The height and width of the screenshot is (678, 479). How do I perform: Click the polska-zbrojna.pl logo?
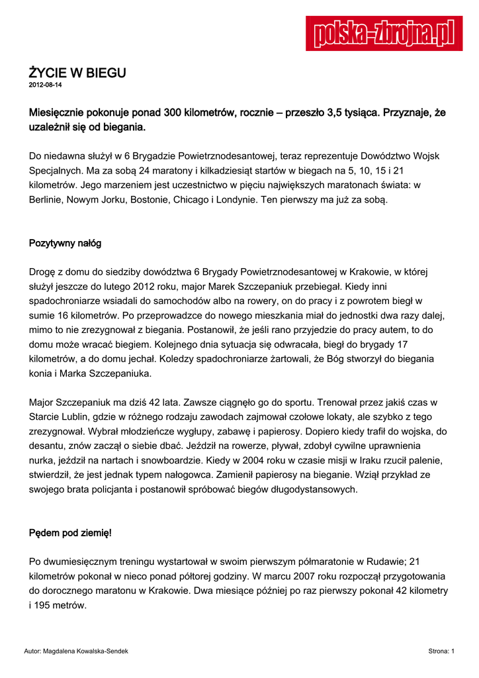pyautogui.click(x=384, y=34)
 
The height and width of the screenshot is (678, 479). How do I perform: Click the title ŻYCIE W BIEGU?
pyautogui.click(x=77, y=73)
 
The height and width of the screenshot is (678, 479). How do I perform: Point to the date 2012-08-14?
pyautogui.click(x=45, y=86)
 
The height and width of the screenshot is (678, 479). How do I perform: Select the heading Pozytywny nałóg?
pyautogui.click(x=65, y=243)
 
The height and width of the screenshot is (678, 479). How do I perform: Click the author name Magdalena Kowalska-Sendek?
pyautogui.click(x=85, y=652)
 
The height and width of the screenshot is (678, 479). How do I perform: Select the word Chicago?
pyautogui.click(x=192, y=199)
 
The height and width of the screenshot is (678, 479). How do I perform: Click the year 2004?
pyautogui.click(x=212, y=460)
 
